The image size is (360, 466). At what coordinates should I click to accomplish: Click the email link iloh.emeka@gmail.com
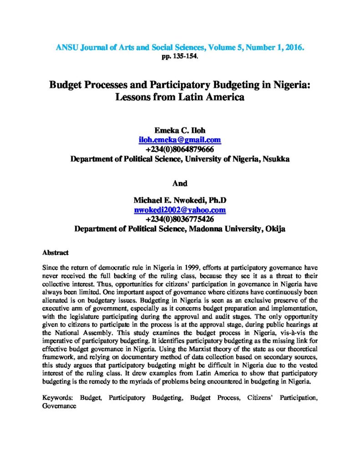click(x=180, y=140)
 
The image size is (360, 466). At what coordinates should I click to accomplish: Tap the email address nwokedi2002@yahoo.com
click(x=180, y=210)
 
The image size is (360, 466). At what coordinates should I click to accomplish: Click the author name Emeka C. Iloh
click(x=180, y=130)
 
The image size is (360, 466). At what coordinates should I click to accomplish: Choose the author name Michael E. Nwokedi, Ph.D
click(x=180, y=200)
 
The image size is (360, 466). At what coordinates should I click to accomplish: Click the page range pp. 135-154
click(x=180, y=56)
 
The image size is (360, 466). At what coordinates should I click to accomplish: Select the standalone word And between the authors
click(x=180, y=183)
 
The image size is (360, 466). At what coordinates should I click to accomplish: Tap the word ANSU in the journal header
click(x=66, y=47)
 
